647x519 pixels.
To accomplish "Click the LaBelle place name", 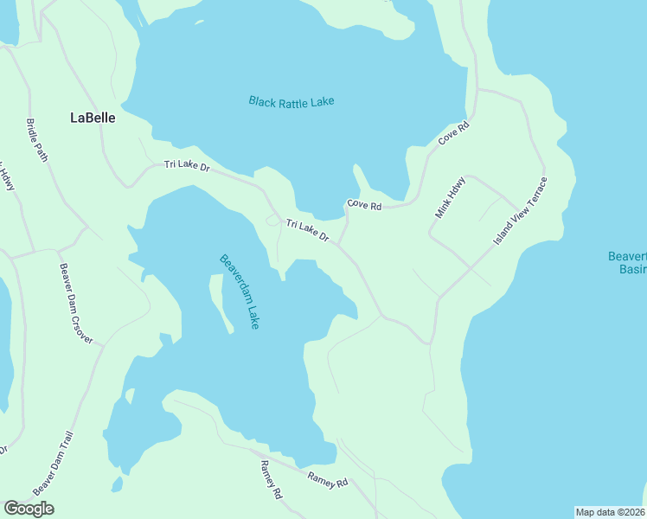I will coord(93,119).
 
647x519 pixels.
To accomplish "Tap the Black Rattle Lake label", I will coord(291,102).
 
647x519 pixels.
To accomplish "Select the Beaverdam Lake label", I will coord(240,291).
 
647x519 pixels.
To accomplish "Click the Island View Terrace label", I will coord(520,211).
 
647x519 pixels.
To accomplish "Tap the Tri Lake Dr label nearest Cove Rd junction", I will coord(308,230).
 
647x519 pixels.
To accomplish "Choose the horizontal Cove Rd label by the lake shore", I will coord(364,205).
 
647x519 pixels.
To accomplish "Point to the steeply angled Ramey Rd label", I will coord(271,479).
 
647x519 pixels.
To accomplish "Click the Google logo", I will coord(29,509).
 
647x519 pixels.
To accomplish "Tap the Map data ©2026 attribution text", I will coord(610,512).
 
